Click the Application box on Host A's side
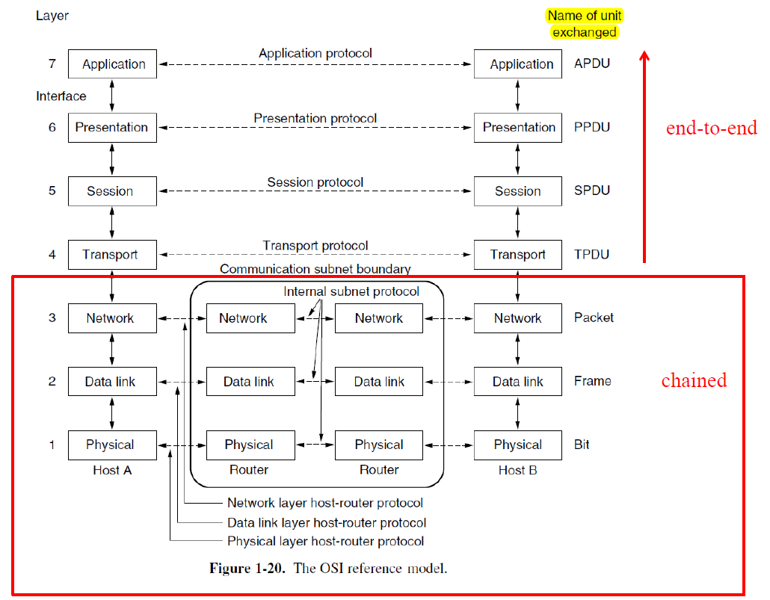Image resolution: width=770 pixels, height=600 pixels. (112, 64)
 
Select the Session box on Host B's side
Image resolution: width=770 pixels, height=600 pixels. (518, 191)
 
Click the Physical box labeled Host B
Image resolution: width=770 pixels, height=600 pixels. (518, 445)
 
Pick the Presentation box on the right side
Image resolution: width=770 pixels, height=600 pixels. (518, 128)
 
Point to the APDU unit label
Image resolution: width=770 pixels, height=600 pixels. (592, 64)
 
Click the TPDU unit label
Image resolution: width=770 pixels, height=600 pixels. (592, 255)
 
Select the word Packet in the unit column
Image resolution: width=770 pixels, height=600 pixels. (594, 318)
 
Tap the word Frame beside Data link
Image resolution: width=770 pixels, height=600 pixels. (593, 381)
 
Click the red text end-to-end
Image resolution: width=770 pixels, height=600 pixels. (711, 129)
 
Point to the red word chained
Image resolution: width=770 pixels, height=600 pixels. (694, 380)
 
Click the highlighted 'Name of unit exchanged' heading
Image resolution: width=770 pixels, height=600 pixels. (584, 24)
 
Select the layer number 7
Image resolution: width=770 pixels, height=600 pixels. (52, 64)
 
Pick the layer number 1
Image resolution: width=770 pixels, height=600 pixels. (52, 445)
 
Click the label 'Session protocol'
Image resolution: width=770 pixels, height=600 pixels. (315, 182)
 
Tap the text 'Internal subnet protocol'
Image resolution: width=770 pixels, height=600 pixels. (351, 291)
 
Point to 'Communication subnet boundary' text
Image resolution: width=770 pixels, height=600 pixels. (315, 269)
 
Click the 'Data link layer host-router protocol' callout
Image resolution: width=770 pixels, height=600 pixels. (327, 522)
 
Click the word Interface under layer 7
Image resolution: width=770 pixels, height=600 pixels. (61, 96)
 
